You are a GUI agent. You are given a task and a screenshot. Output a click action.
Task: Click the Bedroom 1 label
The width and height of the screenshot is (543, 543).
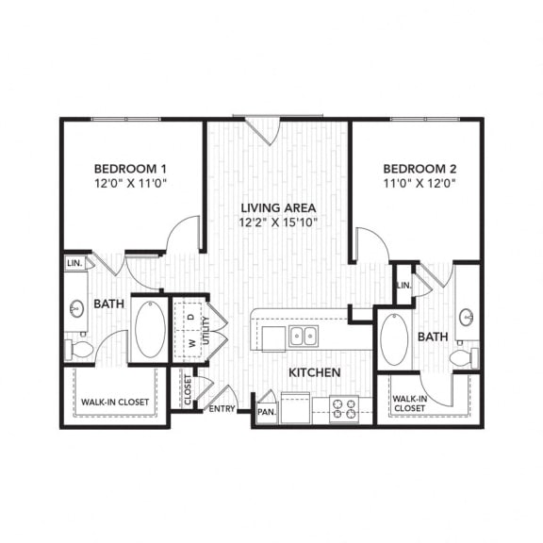point(130,169)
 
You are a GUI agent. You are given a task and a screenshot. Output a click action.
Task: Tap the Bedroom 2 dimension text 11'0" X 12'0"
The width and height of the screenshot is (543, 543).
point(420,183)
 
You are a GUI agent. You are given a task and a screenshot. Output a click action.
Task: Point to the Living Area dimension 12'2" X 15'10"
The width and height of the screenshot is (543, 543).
point(278,222)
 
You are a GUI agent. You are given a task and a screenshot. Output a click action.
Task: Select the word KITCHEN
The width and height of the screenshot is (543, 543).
point(315,372)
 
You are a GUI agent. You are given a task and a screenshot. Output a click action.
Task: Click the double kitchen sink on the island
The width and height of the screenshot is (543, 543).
point(304,337)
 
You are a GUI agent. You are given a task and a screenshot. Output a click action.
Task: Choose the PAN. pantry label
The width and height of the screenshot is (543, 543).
point(267,412)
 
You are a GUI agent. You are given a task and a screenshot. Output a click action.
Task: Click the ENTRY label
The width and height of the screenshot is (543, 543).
point(222,409)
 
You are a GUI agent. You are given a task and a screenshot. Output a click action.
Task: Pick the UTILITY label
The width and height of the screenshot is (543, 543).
point(206,330)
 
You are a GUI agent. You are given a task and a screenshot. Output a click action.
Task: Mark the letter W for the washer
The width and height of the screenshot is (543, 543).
point(192,343)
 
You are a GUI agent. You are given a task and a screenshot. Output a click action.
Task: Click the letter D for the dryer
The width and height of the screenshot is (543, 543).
point(191,317)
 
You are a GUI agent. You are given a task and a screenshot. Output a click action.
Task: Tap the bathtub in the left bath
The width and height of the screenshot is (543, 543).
point(150,329)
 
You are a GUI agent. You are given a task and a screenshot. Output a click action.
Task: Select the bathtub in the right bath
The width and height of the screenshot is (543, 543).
point(394,339)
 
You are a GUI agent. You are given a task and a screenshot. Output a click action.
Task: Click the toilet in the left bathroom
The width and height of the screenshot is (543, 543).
point(79,350)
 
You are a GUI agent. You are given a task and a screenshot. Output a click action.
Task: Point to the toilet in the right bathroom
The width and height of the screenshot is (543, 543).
point(465,357)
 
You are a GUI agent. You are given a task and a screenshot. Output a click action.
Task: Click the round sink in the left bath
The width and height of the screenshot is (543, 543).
point(76,308)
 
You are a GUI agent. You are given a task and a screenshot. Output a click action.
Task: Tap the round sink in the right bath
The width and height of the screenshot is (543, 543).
point(467,317)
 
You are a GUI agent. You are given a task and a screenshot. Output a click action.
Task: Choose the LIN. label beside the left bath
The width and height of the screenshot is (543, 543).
point(75,263)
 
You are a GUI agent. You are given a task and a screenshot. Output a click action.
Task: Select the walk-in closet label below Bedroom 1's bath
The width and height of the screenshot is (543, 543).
point(115,402)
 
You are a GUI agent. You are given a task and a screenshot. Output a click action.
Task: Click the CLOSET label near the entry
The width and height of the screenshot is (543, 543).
point(188,389)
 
